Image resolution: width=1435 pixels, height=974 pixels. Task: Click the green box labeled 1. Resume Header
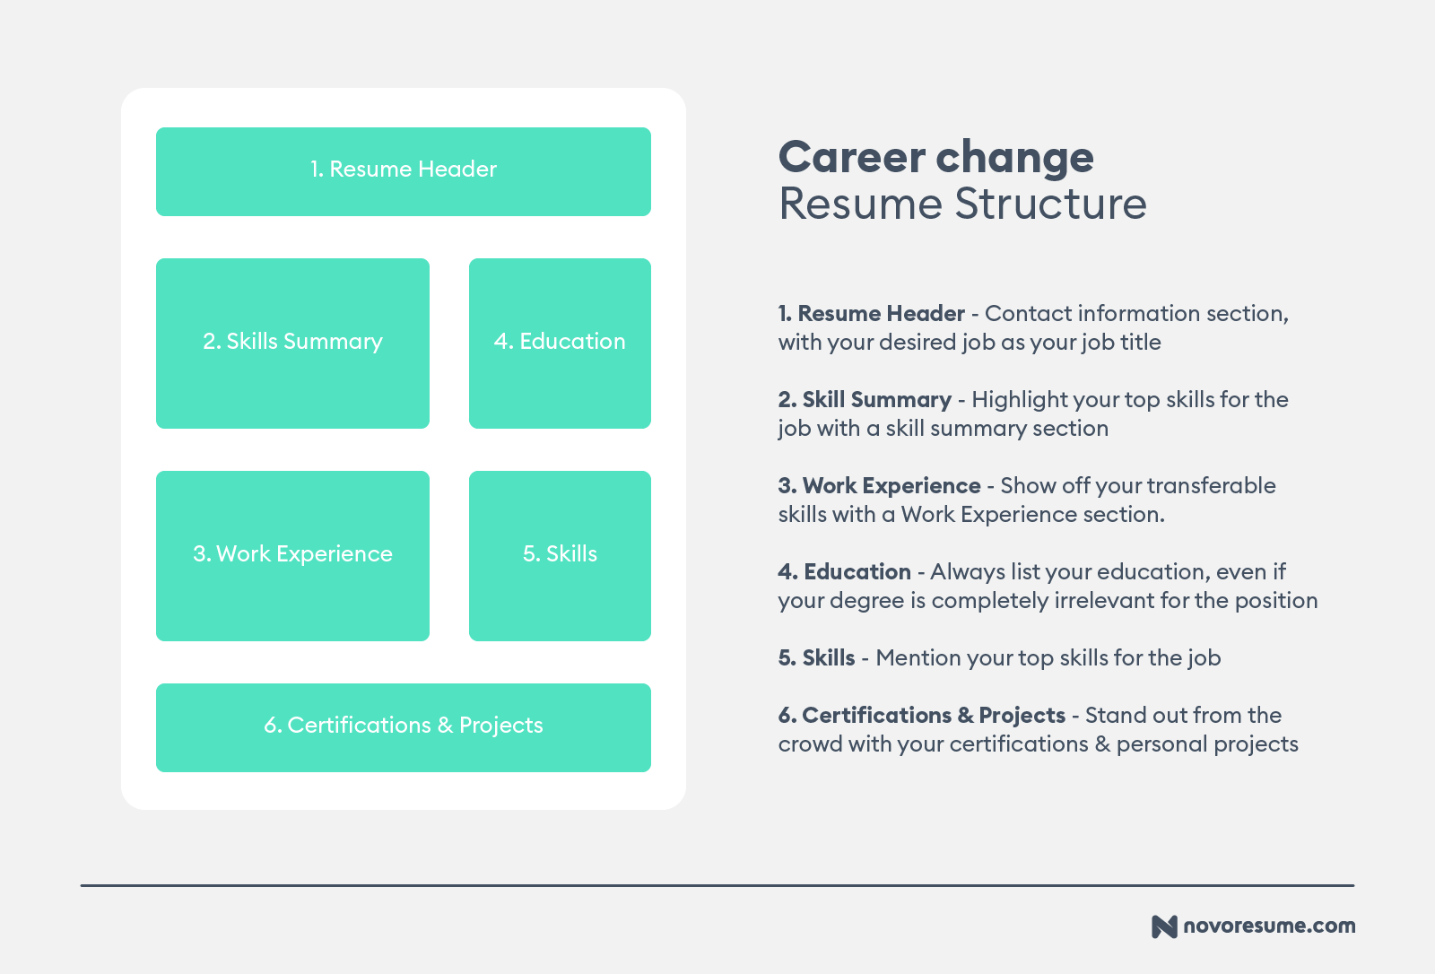tap(404, 171)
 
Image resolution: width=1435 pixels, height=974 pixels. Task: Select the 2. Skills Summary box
tap(292, 344)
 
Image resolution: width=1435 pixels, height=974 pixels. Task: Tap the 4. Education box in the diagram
tap(560, 344)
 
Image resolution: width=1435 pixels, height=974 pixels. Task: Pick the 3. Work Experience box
tap(292, 556)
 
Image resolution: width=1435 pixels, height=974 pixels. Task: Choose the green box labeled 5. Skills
tap(560, 556)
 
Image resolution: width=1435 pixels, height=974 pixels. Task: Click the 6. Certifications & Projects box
tap(404, 728)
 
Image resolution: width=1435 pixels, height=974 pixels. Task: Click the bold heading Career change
tap(936, 158)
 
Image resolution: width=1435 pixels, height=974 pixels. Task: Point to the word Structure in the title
tap(1050, 204)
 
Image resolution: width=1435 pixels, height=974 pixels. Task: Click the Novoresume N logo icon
tap(1164, 926)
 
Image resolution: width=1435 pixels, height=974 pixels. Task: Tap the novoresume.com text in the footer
tap(1269, 926)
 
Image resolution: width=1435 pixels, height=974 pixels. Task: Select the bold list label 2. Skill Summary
tap(865, 400)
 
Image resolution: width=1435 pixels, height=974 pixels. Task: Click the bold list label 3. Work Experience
tap(879, 486)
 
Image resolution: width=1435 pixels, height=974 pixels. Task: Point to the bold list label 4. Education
tap(844, 571)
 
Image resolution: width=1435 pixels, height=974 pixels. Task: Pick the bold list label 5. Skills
tap(816, 657)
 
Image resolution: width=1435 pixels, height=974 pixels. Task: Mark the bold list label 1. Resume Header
tap(871, 313)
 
